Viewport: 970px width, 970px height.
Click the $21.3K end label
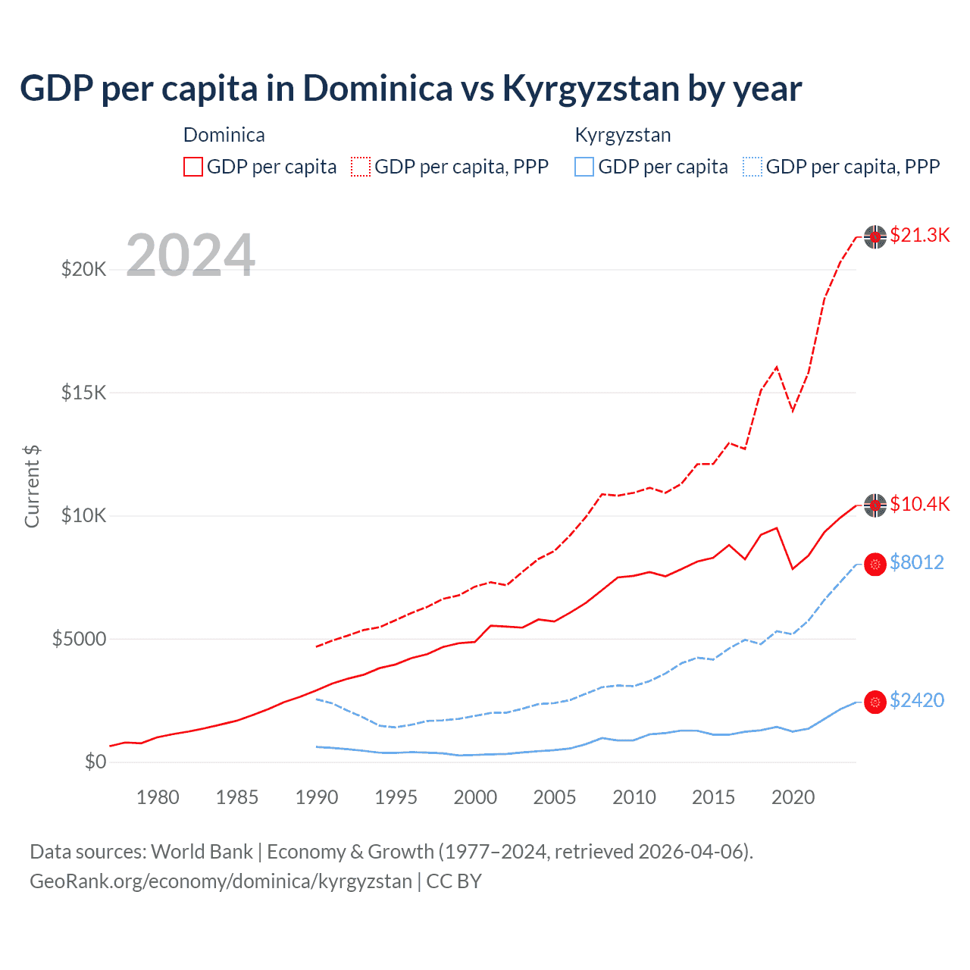pyautogui.click(x=919, y=235)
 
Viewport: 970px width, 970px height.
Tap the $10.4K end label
pyautogui.click(x=919, y=504)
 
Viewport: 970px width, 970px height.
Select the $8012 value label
pyautogui.click(x=916, y=562)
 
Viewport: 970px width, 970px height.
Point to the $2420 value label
pyautogui.click(x=916, y=700)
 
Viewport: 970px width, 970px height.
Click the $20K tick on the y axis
pyautogui.click(x=83, y=269)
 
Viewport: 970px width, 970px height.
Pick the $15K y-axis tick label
pyautogui.click(x=83, y=393)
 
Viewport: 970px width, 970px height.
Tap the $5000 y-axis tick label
pyautogui.click(x=79, y=639)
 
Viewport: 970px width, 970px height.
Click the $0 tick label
pyautogui.click(x=95, y=762)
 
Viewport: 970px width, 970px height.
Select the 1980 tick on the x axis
pyautogui.click(x=158, y=797)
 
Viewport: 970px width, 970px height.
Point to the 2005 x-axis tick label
pyautogui.click(x=555, y=797)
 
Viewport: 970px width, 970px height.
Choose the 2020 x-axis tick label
pyautogui.click(x=793, y=797)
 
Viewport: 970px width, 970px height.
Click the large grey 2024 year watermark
pyautogui.click(x=190, y=255)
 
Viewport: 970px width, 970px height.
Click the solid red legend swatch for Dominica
pyautogui.click(x=193, y=167)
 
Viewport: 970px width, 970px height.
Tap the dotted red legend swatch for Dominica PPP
pyautogui.click(x=361, y=167)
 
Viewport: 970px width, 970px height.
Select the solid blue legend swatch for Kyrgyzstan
pyautogui.click(x=584, y=167)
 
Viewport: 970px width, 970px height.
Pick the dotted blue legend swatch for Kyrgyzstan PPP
pyautogui.click(x=753, y=167)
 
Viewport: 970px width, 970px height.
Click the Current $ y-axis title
pyautogui.click(x=32, y=487)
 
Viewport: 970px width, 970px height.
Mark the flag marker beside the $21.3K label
pyautogui.click(x=875, y=237)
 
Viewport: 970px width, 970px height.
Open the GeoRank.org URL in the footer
pyautogui.click(x=221, y=881)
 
